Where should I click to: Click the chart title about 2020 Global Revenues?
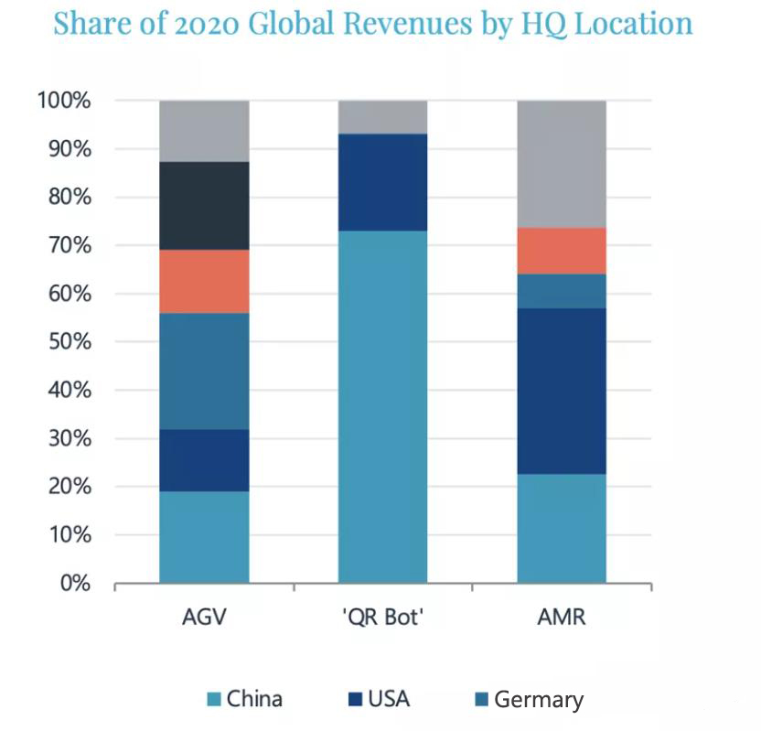[x=372, y=24]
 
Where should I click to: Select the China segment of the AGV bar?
[x=204, y=537]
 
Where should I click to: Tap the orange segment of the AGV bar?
[x=204, y=281]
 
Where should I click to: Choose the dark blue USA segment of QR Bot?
[x=382, y=182]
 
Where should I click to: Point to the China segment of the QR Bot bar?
[x=382, y=406]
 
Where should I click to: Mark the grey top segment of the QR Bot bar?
[x=382, y=117]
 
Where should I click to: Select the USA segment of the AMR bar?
[x=562, y=391]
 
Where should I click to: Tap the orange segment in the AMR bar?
[x=562, y=251]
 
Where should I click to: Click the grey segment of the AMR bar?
[x=562, y=164]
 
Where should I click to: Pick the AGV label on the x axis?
[x=204, y=618]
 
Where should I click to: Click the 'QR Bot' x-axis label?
[x=382, y=618]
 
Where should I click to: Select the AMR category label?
[x=562, y=618]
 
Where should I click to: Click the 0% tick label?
[x=72, y=583]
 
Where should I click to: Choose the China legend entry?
[x=244, y=700]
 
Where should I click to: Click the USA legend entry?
[x=379, y=700]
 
